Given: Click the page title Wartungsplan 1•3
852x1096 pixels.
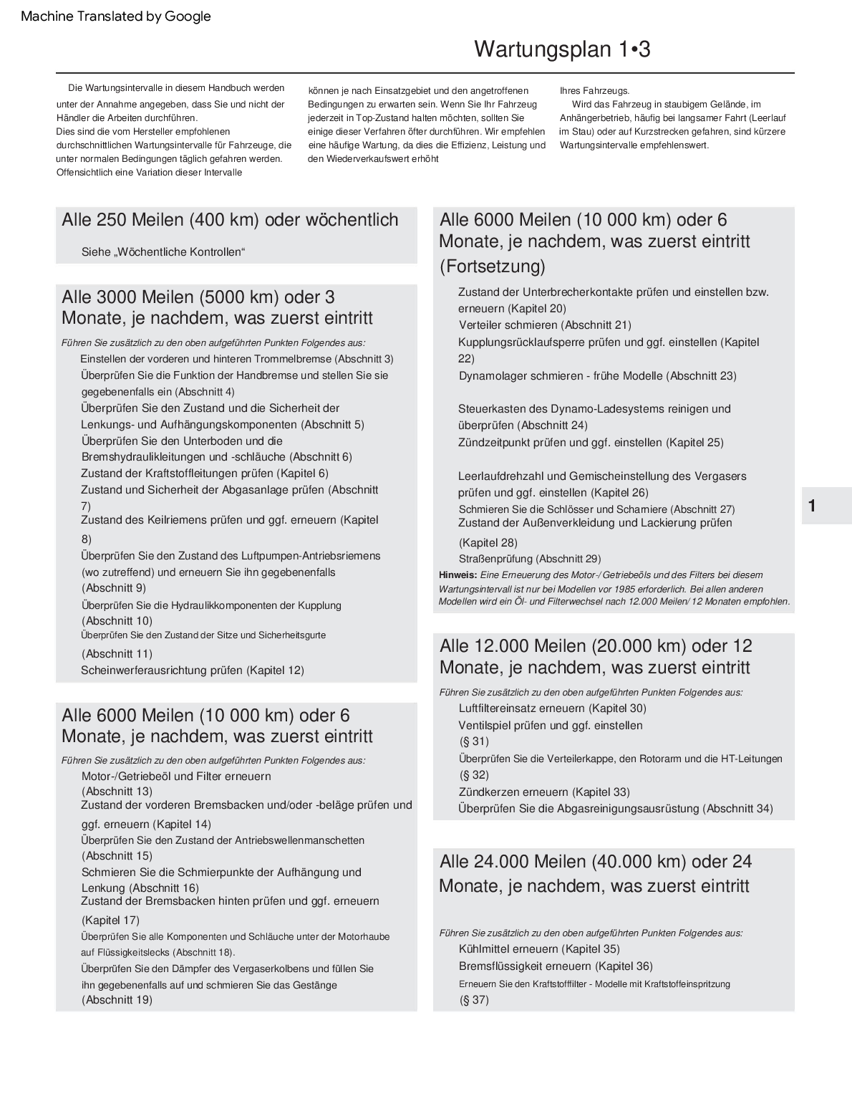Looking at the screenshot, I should click(562, 49).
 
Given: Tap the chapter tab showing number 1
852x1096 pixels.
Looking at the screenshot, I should click(812, 506).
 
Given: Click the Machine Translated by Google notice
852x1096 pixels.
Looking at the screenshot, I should click(116, 16).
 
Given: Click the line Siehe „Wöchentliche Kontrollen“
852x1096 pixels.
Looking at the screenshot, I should click(163, 252).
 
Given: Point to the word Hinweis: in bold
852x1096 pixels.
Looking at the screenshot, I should click(458, 575).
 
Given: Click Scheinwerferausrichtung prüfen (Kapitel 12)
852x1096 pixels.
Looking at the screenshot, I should click(193, 670).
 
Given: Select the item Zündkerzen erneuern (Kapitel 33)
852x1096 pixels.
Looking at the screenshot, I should click(544, 792).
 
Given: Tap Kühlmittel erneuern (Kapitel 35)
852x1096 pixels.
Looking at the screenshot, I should click(539, 949).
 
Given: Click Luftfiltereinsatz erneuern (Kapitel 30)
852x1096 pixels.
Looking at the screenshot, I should click(552, 708).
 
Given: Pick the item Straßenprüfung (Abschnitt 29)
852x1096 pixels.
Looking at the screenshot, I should click(530, 559).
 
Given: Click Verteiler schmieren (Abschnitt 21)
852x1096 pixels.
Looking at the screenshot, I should click(545, 325).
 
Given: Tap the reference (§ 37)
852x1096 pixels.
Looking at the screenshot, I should click(474, 1000).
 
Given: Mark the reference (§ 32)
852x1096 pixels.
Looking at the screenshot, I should click(474, 775).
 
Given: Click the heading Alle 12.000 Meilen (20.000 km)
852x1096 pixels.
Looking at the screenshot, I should click(596, 646).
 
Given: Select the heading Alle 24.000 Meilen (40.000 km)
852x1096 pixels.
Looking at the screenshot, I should click(596, 862).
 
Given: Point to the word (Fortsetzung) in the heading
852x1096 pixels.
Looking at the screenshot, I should click(493, 266).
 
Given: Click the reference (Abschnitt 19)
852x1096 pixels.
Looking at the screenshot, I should click(117, 1000).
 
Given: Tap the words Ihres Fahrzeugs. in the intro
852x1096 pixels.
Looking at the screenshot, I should click(594, 91).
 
